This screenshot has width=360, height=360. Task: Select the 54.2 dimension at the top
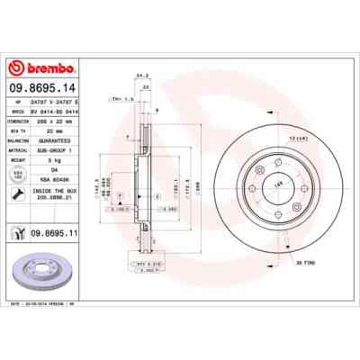pos(139,77)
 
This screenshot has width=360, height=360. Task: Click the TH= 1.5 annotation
pos(121,98)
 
